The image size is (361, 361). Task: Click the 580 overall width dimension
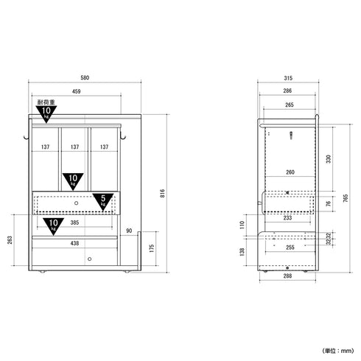point(85,78)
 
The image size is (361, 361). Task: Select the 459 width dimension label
point(77,91)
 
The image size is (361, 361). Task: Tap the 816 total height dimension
point(162,194)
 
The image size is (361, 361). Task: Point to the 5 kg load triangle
point(103,202)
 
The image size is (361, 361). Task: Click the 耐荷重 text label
point(46,102)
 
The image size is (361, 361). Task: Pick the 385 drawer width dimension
point(74,222)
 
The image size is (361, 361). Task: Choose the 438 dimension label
point(74,243)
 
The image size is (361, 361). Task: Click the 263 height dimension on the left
point(10,240)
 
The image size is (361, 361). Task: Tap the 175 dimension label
point(152,248)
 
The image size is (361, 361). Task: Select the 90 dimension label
point(129,231)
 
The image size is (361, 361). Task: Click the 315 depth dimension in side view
point(288,78)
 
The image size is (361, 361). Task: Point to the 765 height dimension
point(346,198)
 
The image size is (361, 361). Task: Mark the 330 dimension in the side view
point(329,159)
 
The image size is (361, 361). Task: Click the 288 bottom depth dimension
point(287,276)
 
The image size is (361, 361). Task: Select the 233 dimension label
point(287,217)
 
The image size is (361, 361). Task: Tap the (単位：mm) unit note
point(338,351)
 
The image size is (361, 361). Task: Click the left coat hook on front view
point(26,137)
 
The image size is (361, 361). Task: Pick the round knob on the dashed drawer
point(77,203)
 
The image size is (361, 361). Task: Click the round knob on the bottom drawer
point(90,259)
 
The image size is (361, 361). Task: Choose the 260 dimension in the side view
point(290,172)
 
